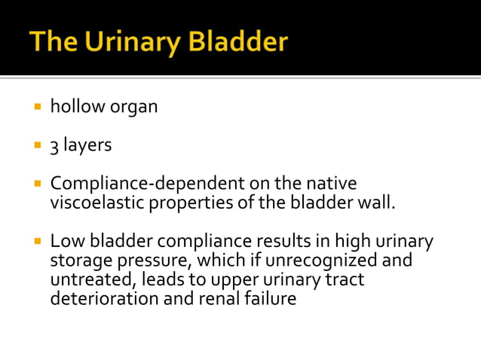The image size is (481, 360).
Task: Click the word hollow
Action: tap(76, 106)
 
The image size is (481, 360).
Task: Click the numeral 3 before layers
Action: tap(54, 145)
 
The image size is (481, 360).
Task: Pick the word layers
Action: tap(87, 145)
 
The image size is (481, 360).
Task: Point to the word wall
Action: tap(377, 202)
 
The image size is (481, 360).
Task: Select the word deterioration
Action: tap(98, 298)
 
